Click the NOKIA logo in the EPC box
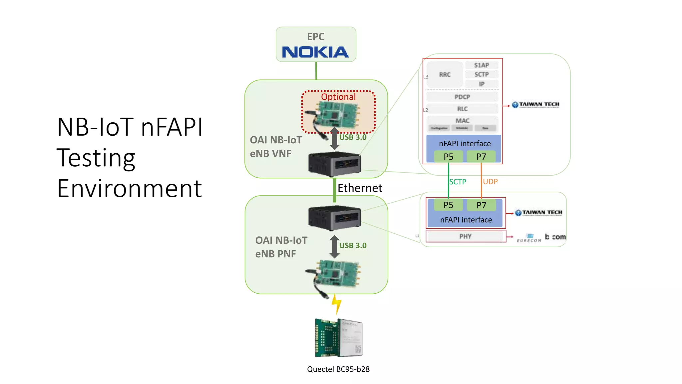tap(315, 52)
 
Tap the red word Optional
tap(338, 97)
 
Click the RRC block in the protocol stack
tap(445, 75)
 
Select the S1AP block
tap(482, 65)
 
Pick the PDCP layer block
tap(462, 97)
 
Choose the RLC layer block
tap(462, 109)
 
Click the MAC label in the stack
tap(462, 120)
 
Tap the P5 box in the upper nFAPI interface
tap(448, 157)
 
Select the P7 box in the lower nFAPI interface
tap(481, 205)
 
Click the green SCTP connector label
tap(458, 182)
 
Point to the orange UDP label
tap(490, 182)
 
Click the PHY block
tap(465, 236)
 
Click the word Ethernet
tap(360, 188)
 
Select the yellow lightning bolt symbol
tap(336, 304)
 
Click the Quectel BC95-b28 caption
tap(338, 369)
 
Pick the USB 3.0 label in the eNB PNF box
tap(353, 246)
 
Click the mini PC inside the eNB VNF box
tap(334, 164)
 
